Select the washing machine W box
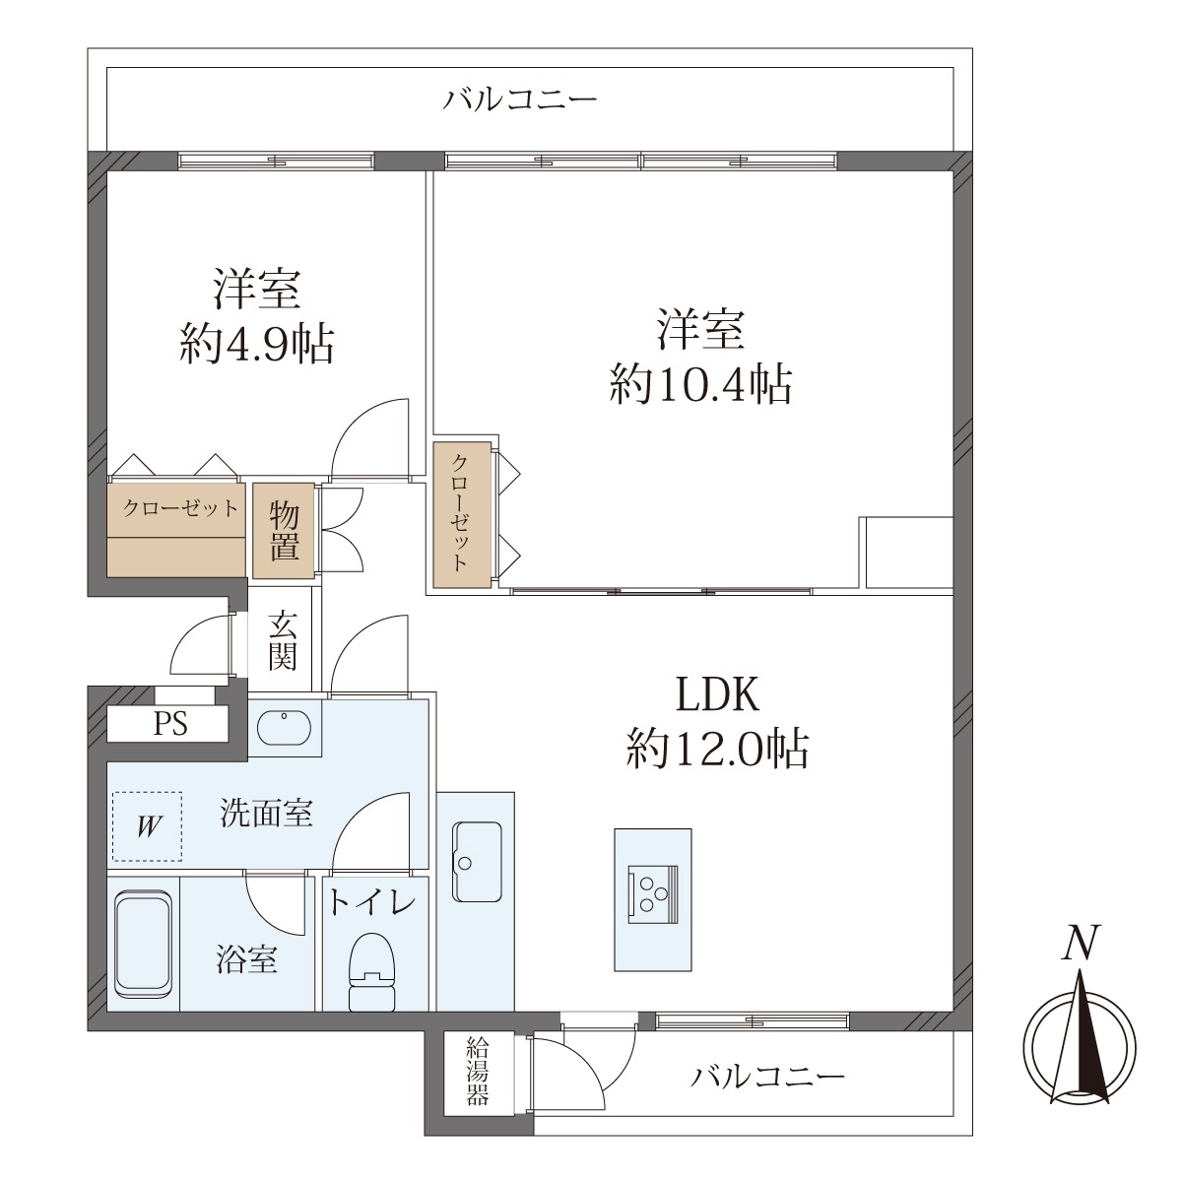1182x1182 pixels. (x=147, y=826)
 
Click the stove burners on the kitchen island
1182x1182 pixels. (x=653, y=894)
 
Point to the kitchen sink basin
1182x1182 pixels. (x=477, y=861)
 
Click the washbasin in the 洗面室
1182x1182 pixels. (x=284, y=729)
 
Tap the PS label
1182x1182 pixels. (x=169, y=724)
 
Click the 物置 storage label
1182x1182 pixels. (x=284, y=530)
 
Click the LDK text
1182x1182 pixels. (x=717, y=693)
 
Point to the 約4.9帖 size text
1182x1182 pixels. (x=257, y=345)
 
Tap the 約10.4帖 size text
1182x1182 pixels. (x=700, y=384)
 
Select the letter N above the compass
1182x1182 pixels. (x=1081, y=943)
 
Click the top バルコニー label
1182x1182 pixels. (x=520, y=99)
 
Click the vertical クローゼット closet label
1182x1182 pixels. (x=460, y=513)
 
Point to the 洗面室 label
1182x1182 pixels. (x=267, y=814)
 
